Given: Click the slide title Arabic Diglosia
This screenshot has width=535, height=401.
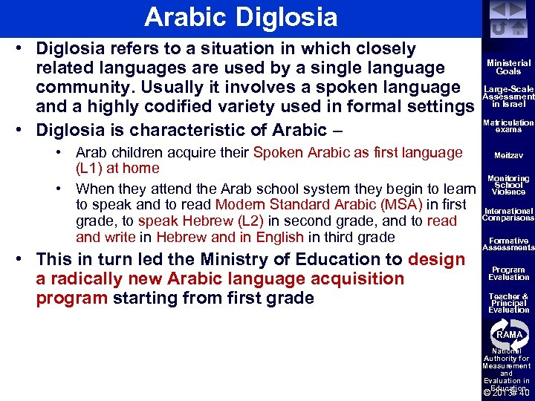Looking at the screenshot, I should [x=241, y=16].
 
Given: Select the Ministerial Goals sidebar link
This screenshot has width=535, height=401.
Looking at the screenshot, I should [x=508, y=68].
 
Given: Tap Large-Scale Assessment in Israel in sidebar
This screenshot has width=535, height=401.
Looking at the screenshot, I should [x=508, y=96].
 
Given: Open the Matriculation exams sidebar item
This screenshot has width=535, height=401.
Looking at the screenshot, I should [x=508, y=125].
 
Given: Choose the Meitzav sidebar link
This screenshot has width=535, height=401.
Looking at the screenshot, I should [x=508, y=156].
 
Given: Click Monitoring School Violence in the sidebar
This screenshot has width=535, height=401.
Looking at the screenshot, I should [x=508, y=185].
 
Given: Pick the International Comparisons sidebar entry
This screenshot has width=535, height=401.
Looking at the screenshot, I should [x=508, y=215].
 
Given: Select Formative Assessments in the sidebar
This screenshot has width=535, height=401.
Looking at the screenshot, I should [x=508, y=244].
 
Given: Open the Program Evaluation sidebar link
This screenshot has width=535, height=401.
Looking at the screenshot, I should [x=508, y=273].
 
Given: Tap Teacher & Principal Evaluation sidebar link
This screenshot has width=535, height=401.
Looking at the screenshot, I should [x=508, y=303].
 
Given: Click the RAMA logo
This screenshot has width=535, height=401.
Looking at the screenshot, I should [x=509, y=334].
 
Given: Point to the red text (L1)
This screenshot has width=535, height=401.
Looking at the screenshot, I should [x=92, y=169].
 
